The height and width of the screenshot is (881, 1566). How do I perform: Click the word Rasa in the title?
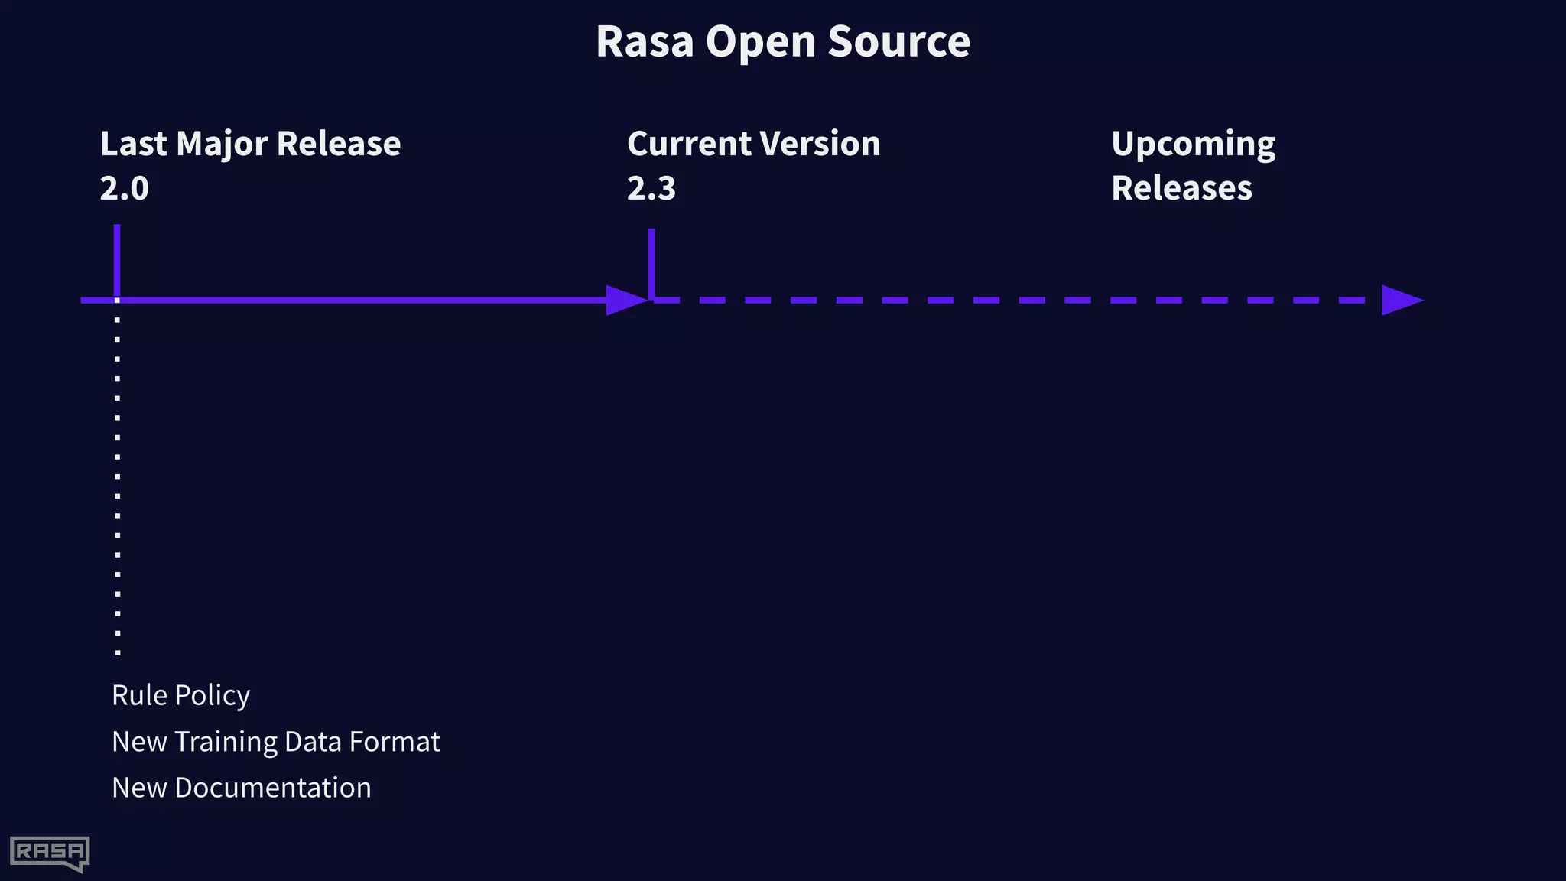click(x=644, y=42)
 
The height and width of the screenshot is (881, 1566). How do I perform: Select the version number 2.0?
click(x=124, y=188)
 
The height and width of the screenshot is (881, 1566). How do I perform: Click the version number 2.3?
click(x=651, y=188)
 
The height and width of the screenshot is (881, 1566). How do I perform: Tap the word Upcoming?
click(x=1193, y=145)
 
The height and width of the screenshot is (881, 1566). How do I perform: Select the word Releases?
click(x=1181, y=188)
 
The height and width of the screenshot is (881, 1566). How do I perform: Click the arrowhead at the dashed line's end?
click(x=1400, y=301)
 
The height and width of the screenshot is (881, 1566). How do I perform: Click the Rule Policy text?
click(x=180, y=695)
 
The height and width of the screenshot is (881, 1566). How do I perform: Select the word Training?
click(x=226, y=743)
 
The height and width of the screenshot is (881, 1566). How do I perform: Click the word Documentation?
click(x=272, y=788)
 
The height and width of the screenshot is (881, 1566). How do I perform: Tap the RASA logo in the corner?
click(x=50, y=853)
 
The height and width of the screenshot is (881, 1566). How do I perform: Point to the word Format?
click(x=394, y=742)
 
